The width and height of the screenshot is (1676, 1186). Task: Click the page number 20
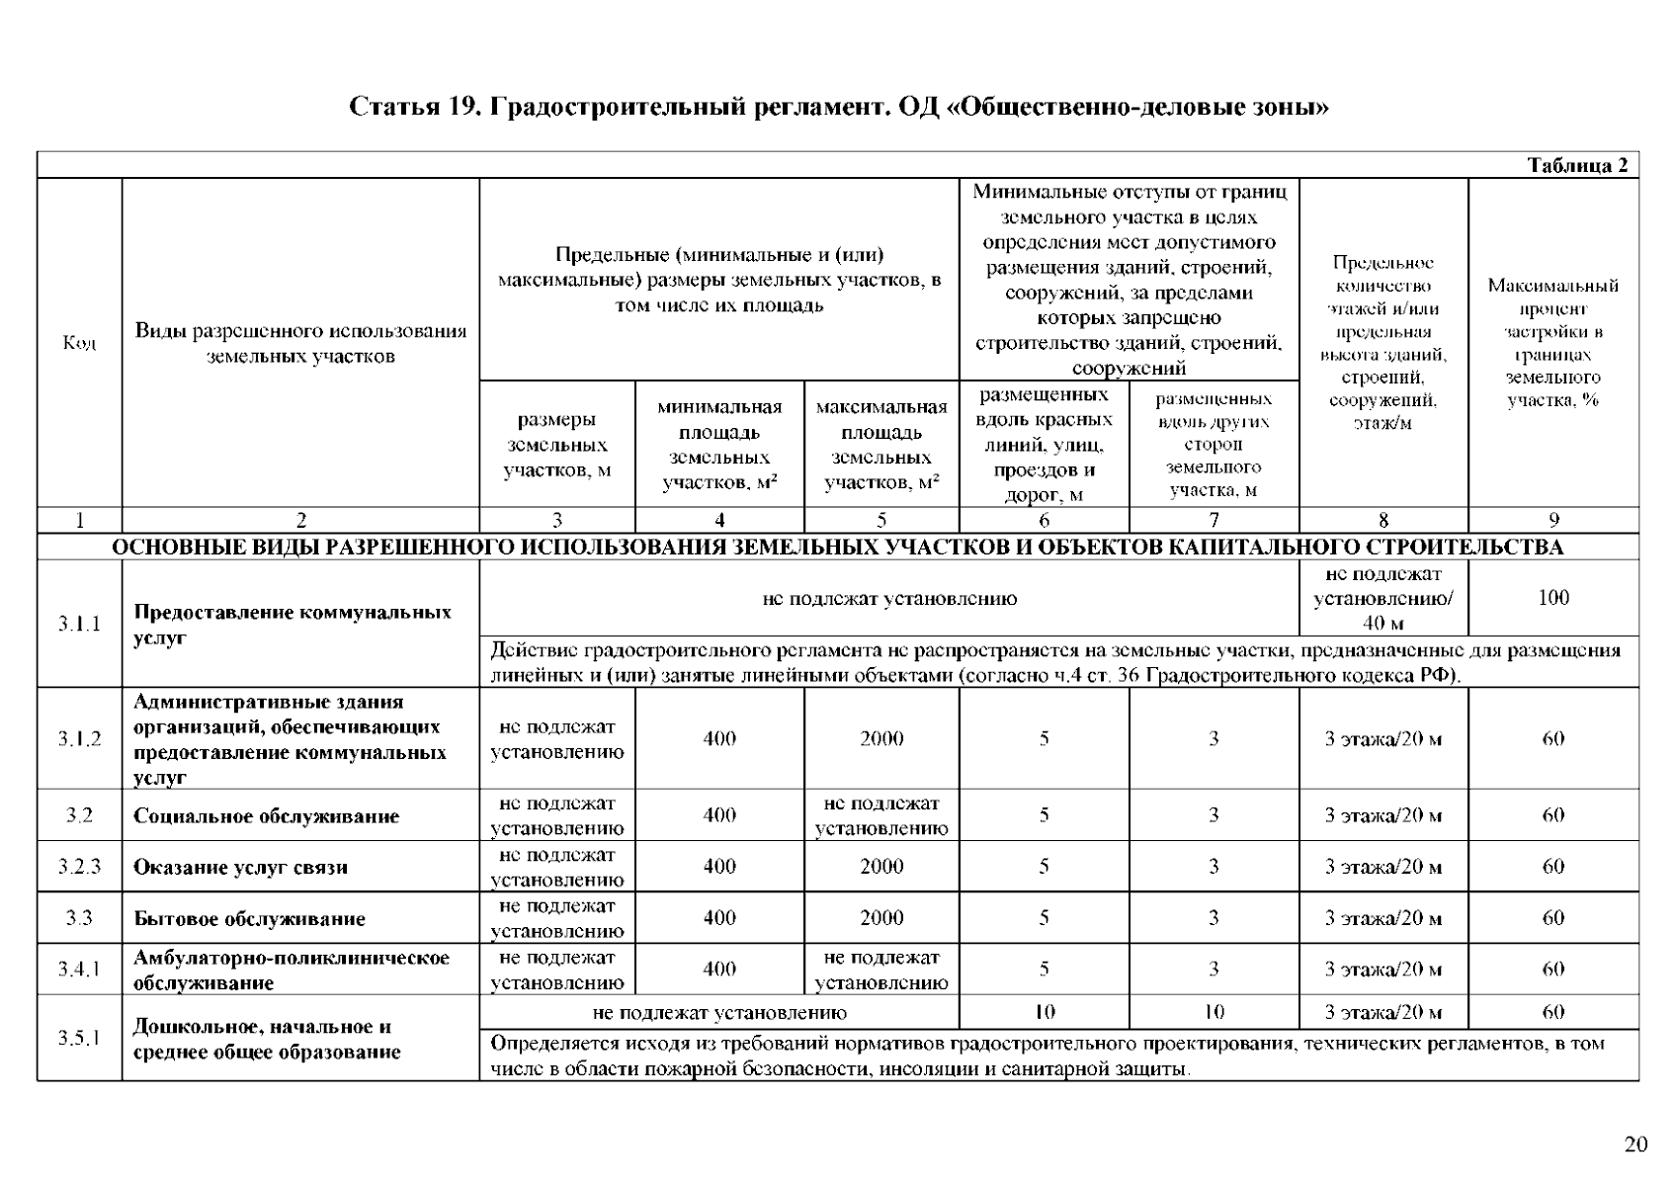(1635, 1144)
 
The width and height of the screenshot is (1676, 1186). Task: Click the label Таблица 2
(1577, 166)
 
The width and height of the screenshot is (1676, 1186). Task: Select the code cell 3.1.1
(79, 624)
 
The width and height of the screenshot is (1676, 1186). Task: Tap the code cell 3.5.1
(79, 1038)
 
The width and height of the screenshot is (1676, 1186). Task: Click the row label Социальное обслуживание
(267, 816)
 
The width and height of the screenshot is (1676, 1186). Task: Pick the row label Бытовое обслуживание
(250, 919)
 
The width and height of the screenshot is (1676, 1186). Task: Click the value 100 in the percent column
(1553, 598)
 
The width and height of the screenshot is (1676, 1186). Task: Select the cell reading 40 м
(1383, 624)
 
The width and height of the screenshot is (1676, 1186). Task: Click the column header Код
(79, 343)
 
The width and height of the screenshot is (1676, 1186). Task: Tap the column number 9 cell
(1553, 520)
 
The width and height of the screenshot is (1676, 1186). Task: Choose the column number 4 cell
(719, 520)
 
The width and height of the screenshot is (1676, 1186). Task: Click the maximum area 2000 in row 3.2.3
(881, 867)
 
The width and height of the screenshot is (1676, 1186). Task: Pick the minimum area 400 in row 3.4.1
(719, 970)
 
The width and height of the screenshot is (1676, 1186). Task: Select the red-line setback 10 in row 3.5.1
(1045, 1012)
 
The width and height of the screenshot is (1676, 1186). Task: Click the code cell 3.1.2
(79, 739)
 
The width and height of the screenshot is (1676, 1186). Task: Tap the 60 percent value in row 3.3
(1553, 918)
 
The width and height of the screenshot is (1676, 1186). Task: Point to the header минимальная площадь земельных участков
(719, 445)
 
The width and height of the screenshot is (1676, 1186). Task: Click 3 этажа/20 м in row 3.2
(1383, 815)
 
